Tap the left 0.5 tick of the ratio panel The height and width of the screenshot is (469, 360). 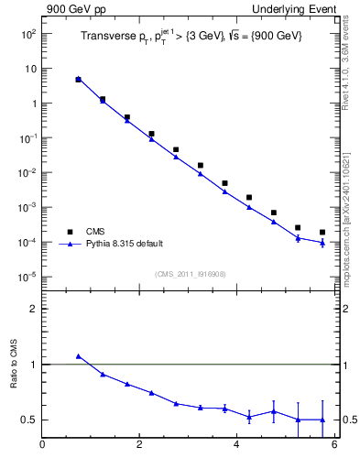(x=30, y=420)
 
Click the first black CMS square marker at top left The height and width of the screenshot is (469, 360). (x=79, y=80)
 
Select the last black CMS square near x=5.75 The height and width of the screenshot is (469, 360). (x=322, y=233)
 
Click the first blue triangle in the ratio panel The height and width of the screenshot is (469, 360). (x=79, y=356)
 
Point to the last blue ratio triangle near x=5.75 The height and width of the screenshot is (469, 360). (x=322, y=420)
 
